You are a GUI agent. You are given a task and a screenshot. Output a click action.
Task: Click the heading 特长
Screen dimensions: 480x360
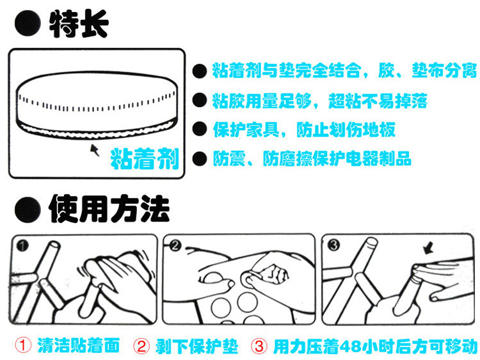click(79, 24)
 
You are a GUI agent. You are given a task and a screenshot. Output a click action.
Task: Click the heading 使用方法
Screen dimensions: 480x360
click(109, 209)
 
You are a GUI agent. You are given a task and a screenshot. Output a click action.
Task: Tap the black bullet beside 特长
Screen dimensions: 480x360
click(28, 24)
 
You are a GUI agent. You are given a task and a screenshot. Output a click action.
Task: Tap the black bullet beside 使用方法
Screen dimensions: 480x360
click(28, 209)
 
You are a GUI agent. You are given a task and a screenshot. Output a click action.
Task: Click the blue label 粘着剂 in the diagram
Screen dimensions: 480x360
click(145, 159)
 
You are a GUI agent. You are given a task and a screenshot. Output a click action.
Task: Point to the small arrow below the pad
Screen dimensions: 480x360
click(95, 149)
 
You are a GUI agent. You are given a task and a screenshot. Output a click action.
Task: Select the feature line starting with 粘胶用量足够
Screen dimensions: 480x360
click(319, 101)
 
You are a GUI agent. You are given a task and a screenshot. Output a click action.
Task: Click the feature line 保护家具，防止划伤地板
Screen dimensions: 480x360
click(304, 129)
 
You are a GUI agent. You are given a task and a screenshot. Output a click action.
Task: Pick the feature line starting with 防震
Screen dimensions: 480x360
click(312, 158)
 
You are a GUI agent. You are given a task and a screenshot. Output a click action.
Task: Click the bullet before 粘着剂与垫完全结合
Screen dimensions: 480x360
click(200, 71)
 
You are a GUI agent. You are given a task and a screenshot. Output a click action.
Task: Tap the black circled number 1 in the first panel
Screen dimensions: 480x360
click(22, 245)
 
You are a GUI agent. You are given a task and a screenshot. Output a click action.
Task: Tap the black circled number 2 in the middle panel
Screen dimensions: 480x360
click(175, 245)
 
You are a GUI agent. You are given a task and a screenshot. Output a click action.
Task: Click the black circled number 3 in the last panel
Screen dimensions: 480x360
click(333, 245)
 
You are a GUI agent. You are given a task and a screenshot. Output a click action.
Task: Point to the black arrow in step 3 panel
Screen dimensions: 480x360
click(429, 248)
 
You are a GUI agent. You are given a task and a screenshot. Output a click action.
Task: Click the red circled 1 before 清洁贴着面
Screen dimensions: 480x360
click(23, 346)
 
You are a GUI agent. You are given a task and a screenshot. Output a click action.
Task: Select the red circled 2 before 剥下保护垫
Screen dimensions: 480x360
click(141, 346)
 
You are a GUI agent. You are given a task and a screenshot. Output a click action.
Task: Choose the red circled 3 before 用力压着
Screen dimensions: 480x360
click(259, 346)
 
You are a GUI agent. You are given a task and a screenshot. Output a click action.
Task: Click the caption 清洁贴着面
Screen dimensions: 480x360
click(78, 346)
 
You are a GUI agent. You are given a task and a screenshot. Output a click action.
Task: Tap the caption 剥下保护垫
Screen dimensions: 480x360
click(196, 346)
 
